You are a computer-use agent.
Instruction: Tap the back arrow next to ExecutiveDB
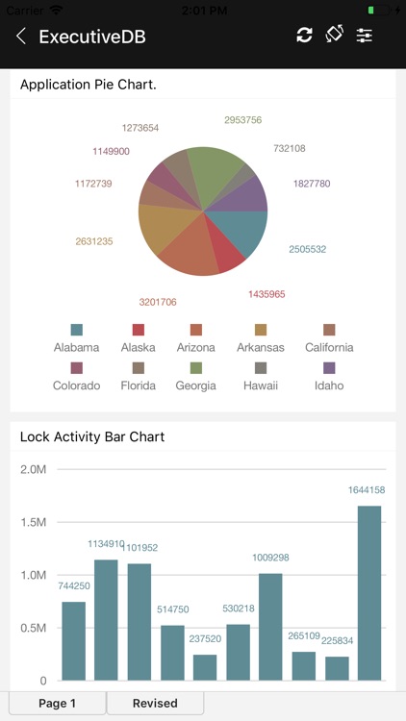pos(21,37)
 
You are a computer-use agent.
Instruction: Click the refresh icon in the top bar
pos(304,36)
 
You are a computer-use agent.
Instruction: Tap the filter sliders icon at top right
pos(364,36)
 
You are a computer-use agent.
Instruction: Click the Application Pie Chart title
pos(89,85)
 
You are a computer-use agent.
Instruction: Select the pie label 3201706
pos(158,302)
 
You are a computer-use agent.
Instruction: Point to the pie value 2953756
pos(242,120)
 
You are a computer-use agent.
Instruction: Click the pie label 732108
pos(289,148)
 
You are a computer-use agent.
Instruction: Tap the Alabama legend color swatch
pos(77,330)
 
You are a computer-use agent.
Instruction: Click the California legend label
pos(329,347)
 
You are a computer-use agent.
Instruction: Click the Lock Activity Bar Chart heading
pos(92,436)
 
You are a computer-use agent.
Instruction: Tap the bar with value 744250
pos(74,640)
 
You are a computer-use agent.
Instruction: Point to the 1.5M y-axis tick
pos(33,522)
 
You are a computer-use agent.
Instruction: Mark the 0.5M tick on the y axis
pos(33,628)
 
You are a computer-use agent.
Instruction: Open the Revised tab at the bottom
pos(155,704)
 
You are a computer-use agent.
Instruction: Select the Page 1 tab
pos(57,704)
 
